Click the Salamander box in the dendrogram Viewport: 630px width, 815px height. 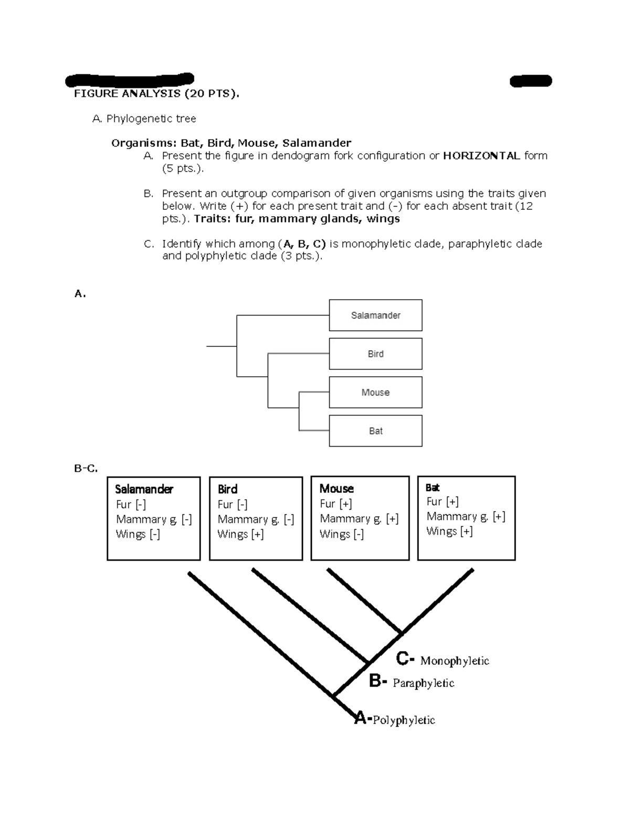[x=375, y=315]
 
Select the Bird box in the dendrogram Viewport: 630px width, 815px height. [x=375, y=354]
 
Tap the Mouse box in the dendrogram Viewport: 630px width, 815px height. [x=375, y=393]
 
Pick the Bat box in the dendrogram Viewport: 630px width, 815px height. [x=375, y=431]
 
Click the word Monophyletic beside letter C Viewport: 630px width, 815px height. [x=455, y=661]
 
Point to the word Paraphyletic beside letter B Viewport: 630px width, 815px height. [x=423, y=683]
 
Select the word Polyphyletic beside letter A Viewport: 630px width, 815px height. [x=404, y=720]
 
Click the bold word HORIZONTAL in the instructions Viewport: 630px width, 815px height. [x=481, y=156]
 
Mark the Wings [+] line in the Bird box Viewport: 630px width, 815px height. [x=240, y=534]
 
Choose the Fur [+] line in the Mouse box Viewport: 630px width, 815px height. [x=336, y=504]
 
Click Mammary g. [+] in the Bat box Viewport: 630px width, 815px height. [x=466, y=516]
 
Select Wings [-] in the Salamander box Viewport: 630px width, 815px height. [x=138, y=534]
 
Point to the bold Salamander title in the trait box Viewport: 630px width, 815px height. [x=144, y=489]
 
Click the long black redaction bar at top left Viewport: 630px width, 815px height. [x=129, y=80]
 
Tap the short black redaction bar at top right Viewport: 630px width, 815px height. [x=531, y=81]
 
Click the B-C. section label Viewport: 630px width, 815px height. [x=86, y=468]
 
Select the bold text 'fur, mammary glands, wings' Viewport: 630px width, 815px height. [x=318, y=219]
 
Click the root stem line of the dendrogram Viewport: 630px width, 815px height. [x=221, y=346]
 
